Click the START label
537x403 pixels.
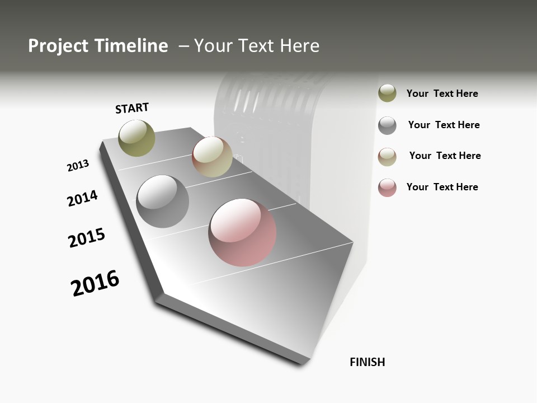point(133,108)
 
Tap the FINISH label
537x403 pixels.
point(368,362)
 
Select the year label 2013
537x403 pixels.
point(78,166)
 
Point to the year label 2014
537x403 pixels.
point(83,198)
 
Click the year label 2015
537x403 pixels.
point(87,238)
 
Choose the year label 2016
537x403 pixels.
point(96,283)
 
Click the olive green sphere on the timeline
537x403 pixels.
point(137,138)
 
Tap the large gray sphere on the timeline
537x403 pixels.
point(163,201)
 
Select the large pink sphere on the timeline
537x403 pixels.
point(242,232)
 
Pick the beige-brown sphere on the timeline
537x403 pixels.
point(212,157)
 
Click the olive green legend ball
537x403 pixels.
point(387,93)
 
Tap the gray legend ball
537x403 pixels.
point(387,125)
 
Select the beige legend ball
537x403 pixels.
point(387,157)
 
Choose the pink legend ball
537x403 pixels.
point(387,188)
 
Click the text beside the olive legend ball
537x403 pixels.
point(442,94)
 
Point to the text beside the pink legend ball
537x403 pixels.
point(442,187)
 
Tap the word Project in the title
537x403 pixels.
point(58,46)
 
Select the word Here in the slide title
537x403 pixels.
point(299,46)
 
